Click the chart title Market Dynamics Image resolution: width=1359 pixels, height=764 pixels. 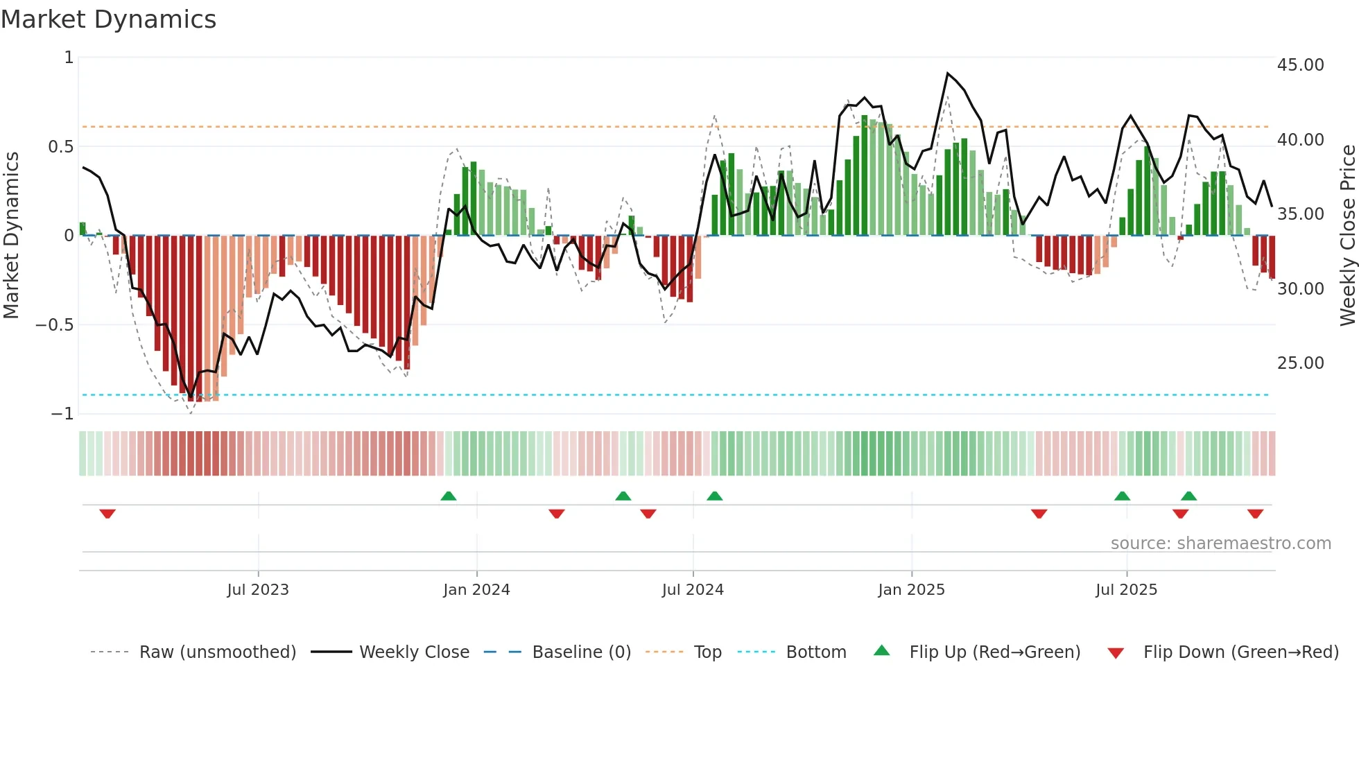pos(108,19)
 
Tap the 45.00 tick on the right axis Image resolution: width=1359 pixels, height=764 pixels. pos(1300,65)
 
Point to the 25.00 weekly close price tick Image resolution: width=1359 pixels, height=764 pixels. pos(1300,363)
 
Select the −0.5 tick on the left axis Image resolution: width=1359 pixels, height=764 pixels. pos(54,325)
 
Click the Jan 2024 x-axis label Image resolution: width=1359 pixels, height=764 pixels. pos(476,590)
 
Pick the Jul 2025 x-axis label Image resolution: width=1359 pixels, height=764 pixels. pos(1126,590)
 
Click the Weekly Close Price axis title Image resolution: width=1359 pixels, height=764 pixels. pos(1347,236)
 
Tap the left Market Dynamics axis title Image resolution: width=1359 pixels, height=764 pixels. pos(11,236)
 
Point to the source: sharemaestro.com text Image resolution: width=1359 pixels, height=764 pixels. pos(1220,544)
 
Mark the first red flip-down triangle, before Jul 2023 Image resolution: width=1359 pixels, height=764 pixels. pos(107,514)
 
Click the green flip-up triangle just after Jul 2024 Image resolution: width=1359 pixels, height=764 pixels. pos(714,496)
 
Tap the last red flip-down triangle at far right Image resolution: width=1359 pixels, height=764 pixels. pos(1255,514)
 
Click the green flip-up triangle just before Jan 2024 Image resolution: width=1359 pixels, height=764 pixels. pos(449,496)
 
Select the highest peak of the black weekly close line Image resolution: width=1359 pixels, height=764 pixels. pos(948,73)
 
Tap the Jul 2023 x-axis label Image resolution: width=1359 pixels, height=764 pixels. pos(257,590)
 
